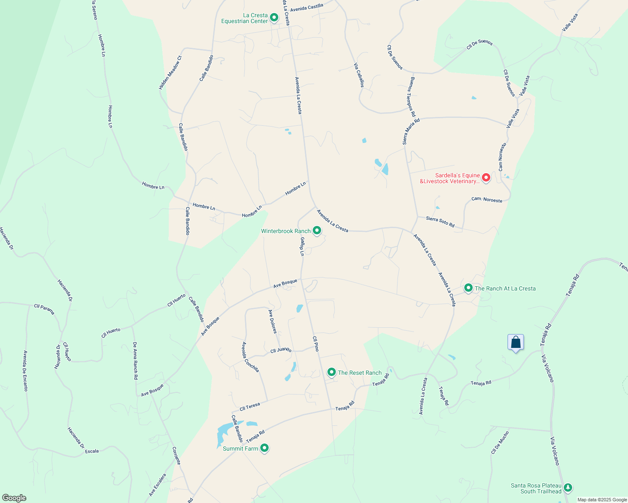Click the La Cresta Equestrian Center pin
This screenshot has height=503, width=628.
(x=274, y=18)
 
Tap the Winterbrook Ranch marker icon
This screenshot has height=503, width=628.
(x=317, y=231)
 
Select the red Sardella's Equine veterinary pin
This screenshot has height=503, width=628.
(x=486, y=178)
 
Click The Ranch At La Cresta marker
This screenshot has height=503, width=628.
(x=468, y=288)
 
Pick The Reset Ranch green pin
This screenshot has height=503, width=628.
(x=332, y=372)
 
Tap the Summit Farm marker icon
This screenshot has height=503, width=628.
(x=264, y=448)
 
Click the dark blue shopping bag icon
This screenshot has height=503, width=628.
(x=515, y=342)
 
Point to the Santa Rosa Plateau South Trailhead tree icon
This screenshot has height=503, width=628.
(x=568, y=487)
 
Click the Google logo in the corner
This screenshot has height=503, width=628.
(x=14, y=498)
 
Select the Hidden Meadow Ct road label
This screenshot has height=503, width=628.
(x=170, y=73)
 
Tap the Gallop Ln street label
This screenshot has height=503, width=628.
(x=302, y=246)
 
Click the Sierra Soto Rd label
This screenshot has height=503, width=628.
(x=440, y=222)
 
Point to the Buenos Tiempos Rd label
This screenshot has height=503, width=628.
(x=411, y=97)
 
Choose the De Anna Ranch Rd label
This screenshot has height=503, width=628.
(x=135, y=360)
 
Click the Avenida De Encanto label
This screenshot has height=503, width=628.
(x=26, y=371)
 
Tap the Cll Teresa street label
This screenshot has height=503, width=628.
(x=250, y=407)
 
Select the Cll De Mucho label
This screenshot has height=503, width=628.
(x=500, y=443)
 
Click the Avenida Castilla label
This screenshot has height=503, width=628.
(x=307, y=8)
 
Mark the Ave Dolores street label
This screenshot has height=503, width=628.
(x=273, y=322)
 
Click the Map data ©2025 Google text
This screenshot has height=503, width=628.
(x=602, y=500)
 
